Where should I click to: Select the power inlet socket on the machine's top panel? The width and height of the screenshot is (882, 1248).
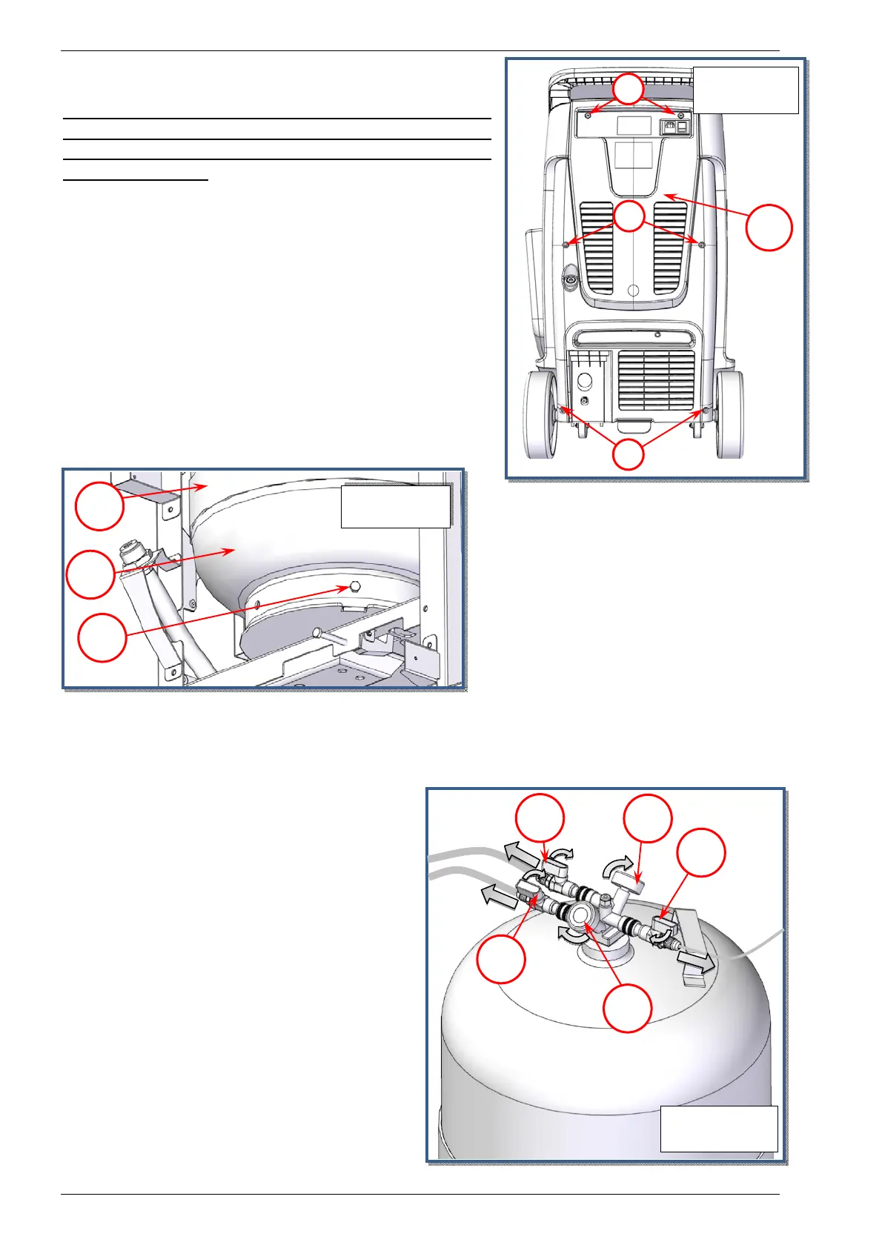click(670, 127)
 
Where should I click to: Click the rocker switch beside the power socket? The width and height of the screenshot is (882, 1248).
click(683, 127)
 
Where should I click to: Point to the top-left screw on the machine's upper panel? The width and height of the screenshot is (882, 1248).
click(588, 116)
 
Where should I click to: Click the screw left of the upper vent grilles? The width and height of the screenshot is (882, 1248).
click(566, 244)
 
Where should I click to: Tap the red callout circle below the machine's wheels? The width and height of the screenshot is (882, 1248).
click(629, 454)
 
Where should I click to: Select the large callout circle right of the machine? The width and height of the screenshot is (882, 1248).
click(769, 228)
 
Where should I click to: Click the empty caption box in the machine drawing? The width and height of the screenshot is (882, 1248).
click(745, 90)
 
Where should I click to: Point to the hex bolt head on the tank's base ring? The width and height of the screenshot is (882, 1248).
click(354, 586)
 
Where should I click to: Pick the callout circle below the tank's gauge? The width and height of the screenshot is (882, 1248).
click(627, 1009)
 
